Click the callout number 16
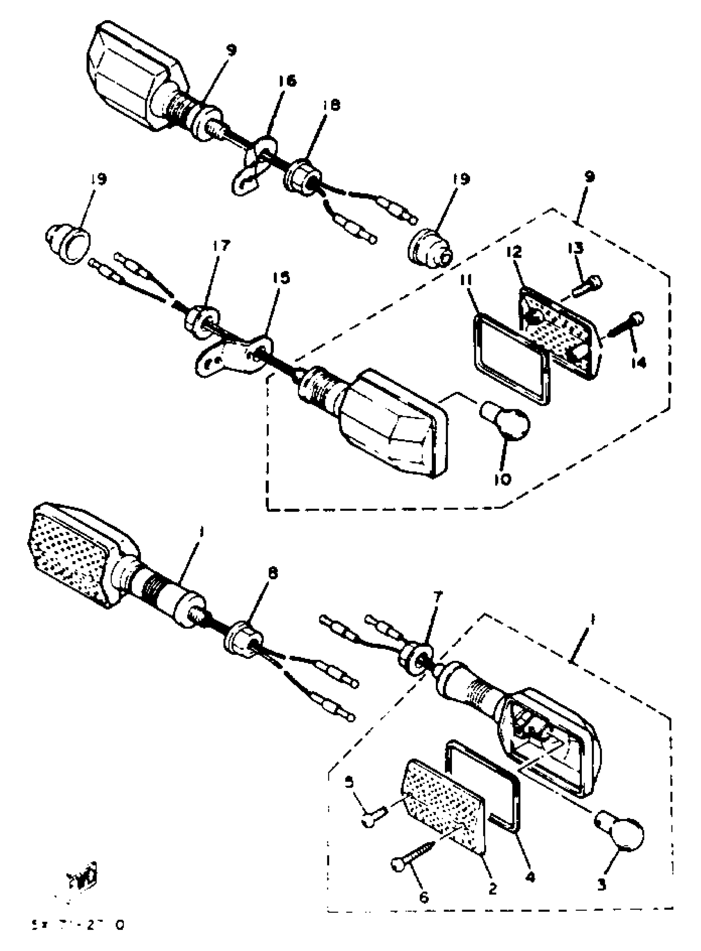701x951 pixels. point(288,81)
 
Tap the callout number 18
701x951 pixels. point(331,105)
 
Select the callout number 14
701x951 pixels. point(638,362)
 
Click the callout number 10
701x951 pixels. point(502,479)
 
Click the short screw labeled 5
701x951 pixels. point(374,816)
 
